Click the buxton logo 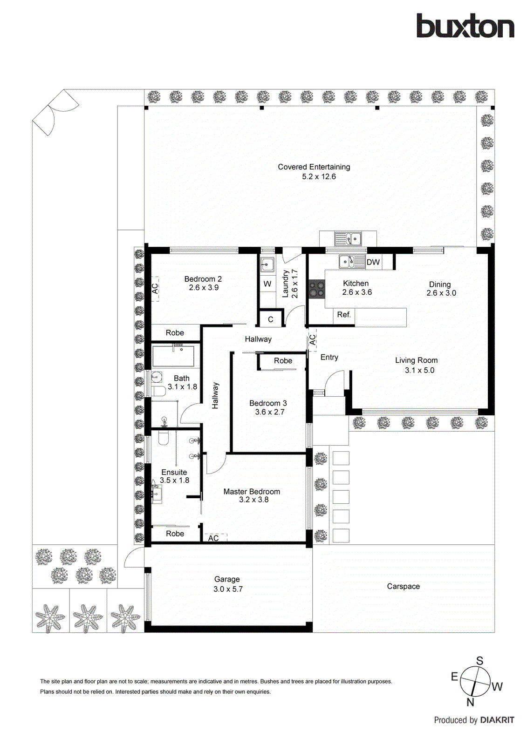tap(465, 26)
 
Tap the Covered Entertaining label tap(314, 167)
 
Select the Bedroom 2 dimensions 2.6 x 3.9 tap(204, 288)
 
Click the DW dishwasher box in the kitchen tap(373, 262)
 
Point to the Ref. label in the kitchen tap(344, 315)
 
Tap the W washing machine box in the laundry tap(267, 284)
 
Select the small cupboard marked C tap(270, 319)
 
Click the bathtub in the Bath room tap(173, 356)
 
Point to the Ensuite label tap(174, 472)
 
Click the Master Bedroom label tap(252, 491)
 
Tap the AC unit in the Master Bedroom tap(214, 538)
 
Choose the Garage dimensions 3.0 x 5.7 tap(228, 589)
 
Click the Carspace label tap(403, 586)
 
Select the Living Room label tap(416, 360)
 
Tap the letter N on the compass tap(470, 702)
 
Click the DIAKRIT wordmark tap(497, 720)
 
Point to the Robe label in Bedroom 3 tap(283, 361)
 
